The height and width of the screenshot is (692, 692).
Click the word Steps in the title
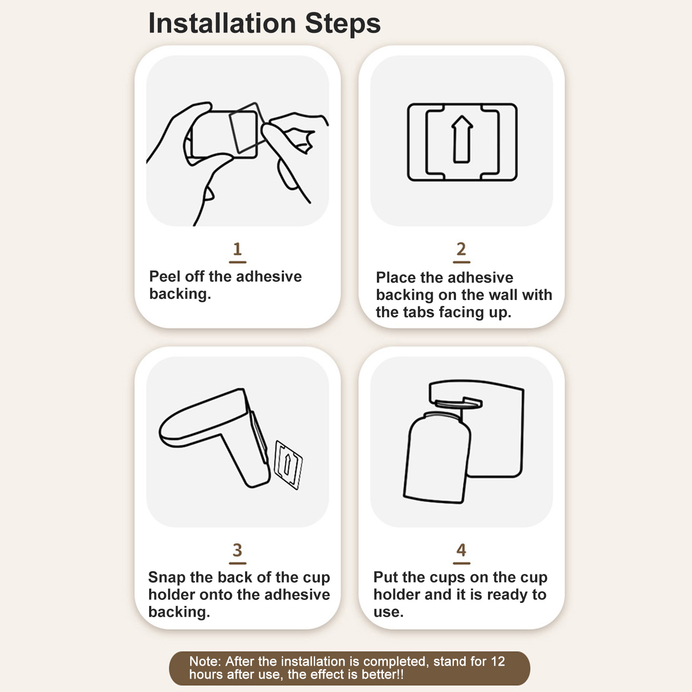[343, 24]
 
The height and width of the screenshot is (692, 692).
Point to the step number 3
[237, 550]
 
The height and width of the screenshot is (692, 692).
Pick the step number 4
[461, 550]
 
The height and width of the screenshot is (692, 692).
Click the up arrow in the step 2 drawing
[462, 139]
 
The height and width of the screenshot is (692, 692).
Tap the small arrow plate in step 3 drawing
[288, 465]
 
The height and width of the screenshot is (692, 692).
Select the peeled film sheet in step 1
[245, 127]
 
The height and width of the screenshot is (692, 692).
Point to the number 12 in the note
[497, 661]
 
